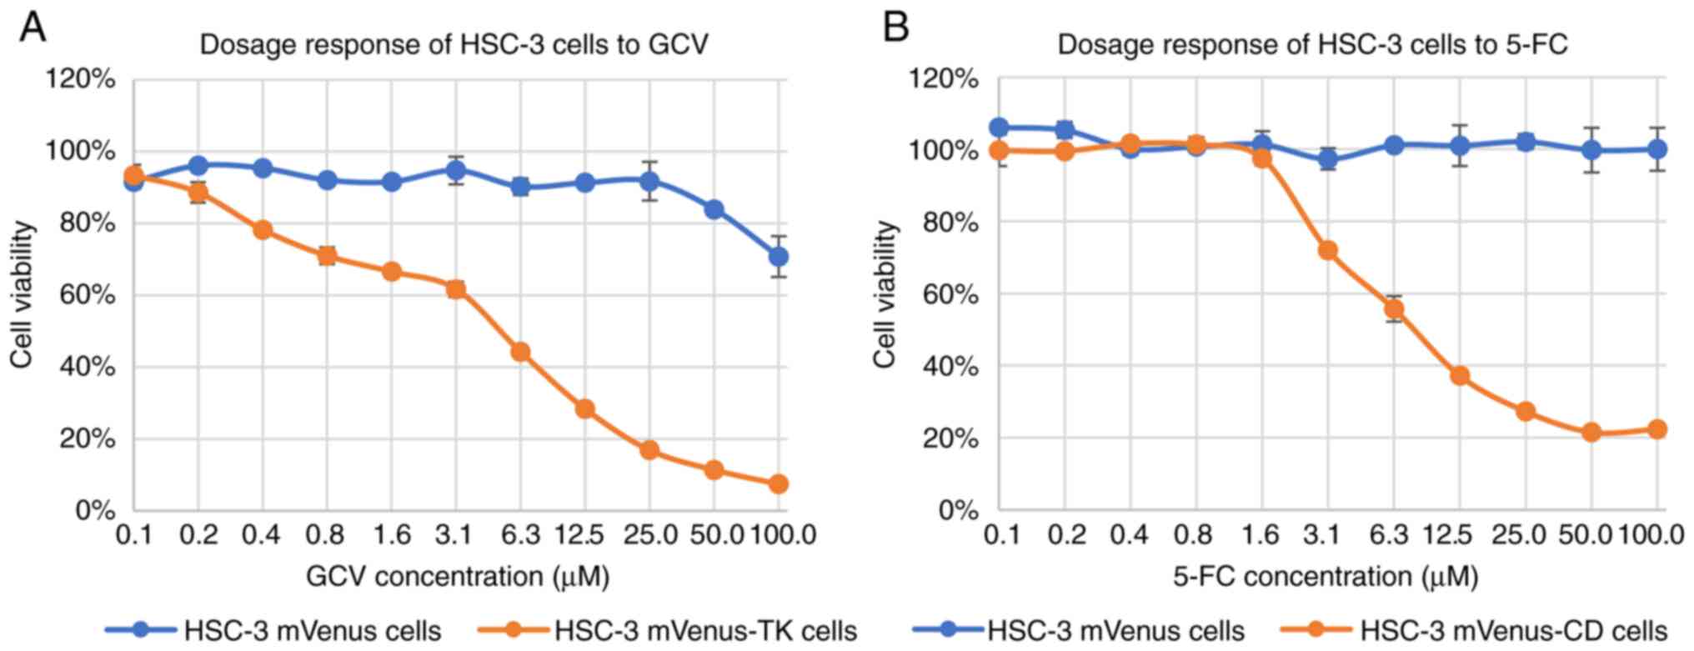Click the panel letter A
[33, 28]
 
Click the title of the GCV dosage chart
[454, 43]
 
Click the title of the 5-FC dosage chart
[1312, 43]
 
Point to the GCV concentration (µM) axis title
[458, 576]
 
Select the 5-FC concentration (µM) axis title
[1325, 576]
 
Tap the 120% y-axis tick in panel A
[80, 79]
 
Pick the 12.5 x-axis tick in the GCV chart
[581, 534]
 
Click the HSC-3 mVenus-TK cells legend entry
[705, 631]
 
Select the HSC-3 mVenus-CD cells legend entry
[1513, 631]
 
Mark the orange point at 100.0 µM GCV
[778, 483]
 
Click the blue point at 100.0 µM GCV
[778, 257]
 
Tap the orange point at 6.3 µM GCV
[520, 352]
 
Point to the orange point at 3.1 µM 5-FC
[1328, 250]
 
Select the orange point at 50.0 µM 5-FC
[1591, 433]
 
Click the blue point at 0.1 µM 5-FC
[999, 128]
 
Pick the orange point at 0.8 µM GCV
[327, 255]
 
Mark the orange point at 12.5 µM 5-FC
[1460, 375]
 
